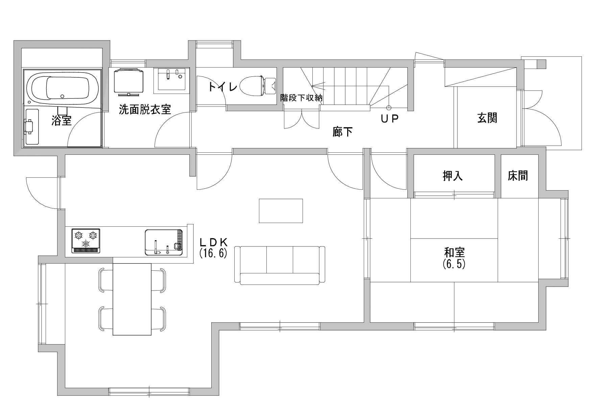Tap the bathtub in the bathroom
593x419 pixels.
[x=63, y=87]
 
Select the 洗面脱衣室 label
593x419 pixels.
[x=145, y=109]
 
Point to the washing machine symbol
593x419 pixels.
[x=128, y=81]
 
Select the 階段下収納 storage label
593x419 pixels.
[x=302, y=98]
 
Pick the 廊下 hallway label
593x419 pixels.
[x=342, y=131]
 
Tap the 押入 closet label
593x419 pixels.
[x=453, y=176]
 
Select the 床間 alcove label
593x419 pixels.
[x=518, y=176]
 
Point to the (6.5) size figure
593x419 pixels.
[x=454, y=264]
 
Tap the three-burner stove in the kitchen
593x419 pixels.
[x=86, y=241]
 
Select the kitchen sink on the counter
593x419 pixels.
[x=164, y=242]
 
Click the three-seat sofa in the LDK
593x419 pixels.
[x=280, y=265]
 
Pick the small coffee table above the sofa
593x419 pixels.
[x=281, y=211]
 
